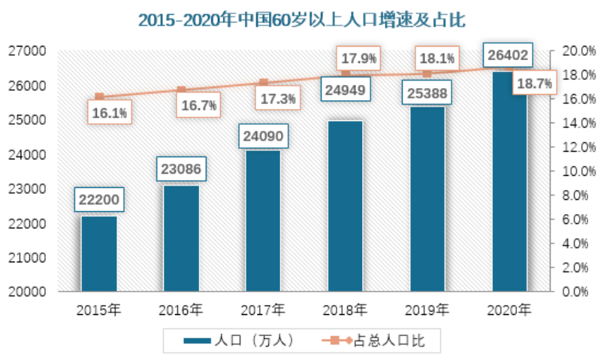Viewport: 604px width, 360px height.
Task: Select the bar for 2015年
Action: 98,253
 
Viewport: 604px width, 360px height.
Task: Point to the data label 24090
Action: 264,138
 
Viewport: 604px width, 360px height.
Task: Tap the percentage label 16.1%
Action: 110,113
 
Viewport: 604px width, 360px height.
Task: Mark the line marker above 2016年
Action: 181,90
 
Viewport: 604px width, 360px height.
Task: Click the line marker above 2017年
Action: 264,83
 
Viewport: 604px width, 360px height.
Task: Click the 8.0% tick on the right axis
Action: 572,195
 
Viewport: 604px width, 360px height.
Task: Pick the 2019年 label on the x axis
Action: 427,310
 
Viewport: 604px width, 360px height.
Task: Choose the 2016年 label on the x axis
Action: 180,310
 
